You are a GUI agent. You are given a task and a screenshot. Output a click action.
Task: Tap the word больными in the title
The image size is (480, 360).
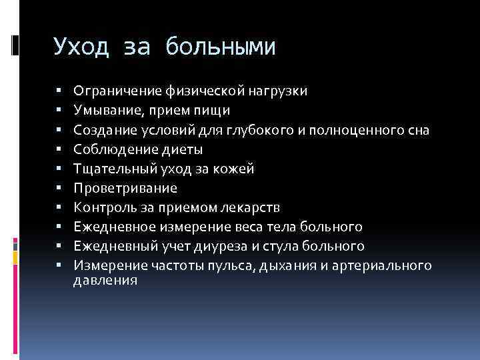point(220,47)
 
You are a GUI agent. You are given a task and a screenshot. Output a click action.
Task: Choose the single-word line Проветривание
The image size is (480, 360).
point(125,189)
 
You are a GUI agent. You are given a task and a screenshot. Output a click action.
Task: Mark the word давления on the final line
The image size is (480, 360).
point(105,281)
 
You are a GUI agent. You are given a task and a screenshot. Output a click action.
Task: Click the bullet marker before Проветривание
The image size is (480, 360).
point(59,189)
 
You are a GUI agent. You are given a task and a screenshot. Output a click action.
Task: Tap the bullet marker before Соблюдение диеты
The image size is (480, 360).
point(59,149)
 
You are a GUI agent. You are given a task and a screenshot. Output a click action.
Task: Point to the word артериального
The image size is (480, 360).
point(394,266)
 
